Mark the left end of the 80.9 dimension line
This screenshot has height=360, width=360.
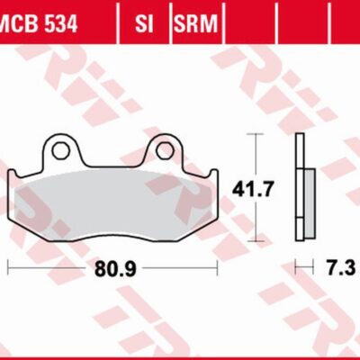pyautogui.click(x=8, y=268)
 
